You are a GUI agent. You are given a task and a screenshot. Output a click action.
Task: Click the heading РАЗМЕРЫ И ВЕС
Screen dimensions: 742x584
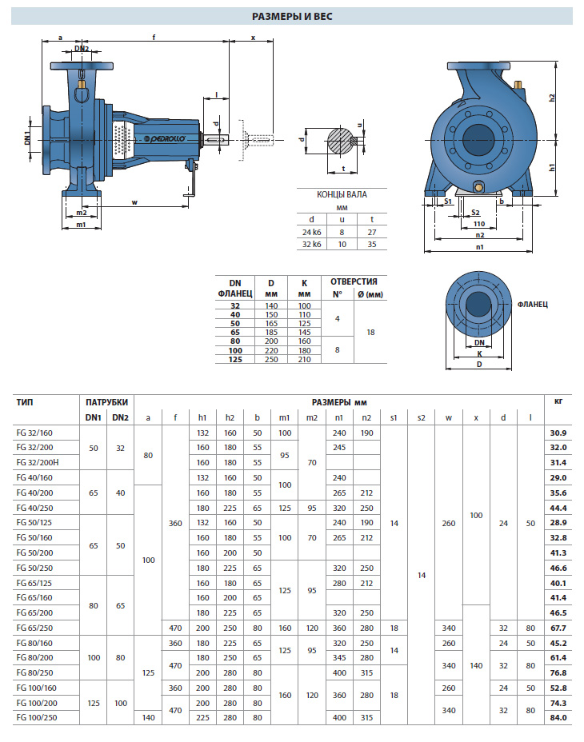click(292, 15)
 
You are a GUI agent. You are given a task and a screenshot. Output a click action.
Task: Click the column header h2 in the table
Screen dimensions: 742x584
click(230, 417)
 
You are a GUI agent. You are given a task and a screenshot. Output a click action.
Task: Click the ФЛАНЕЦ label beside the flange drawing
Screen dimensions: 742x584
click(532, 304)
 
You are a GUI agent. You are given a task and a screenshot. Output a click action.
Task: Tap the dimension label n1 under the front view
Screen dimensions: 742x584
click(478, 247)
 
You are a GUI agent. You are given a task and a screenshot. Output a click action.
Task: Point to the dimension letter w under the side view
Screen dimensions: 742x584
click(134, 202)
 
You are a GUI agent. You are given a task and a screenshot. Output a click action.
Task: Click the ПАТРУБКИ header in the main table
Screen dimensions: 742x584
click(106, 401)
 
